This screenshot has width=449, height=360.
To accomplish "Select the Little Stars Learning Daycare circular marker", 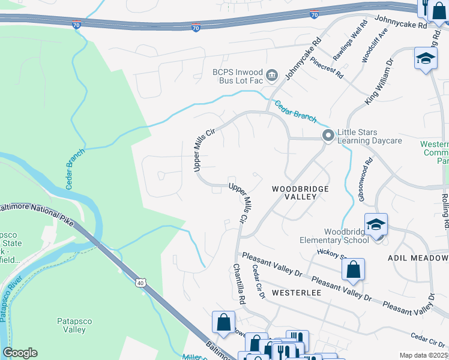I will [328, 136].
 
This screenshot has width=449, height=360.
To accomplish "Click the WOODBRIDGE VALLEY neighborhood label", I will [300, 193].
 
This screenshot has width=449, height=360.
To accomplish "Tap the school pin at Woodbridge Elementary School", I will [376, 225].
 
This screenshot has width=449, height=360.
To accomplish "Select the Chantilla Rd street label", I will [238, 283].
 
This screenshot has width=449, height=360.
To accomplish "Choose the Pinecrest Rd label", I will [327, 68].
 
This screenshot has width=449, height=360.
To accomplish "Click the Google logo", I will [20, 353].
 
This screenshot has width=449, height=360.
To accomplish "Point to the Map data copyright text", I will [423, 355].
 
